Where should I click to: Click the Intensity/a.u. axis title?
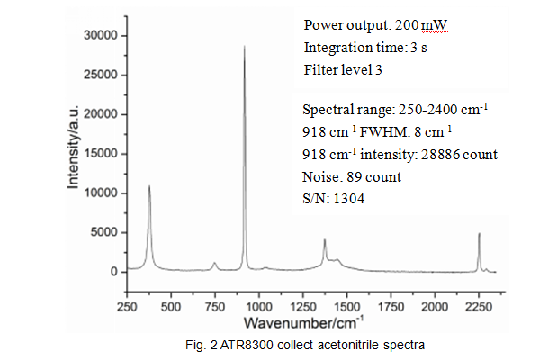pyautogui.click(x=76, y=148)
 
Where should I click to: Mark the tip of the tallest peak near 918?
pyautogui.click(x=245, y=46)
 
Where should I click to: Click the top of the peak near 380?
pyautogui.click(x=149, y=186)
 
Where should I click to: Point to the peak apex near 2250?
pyautogui.click(x=479, y=234)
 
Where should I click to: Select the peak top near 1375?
pyautogui.click(x=325, y=239)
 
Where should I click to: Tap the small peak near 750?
pyautogui.click(x=215, y=263)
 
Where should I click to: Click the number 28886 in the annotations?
pyautogui.click(x=445, y=154)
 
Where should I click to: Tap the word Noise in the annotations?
pyautogui.click(x=321, y=176)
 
